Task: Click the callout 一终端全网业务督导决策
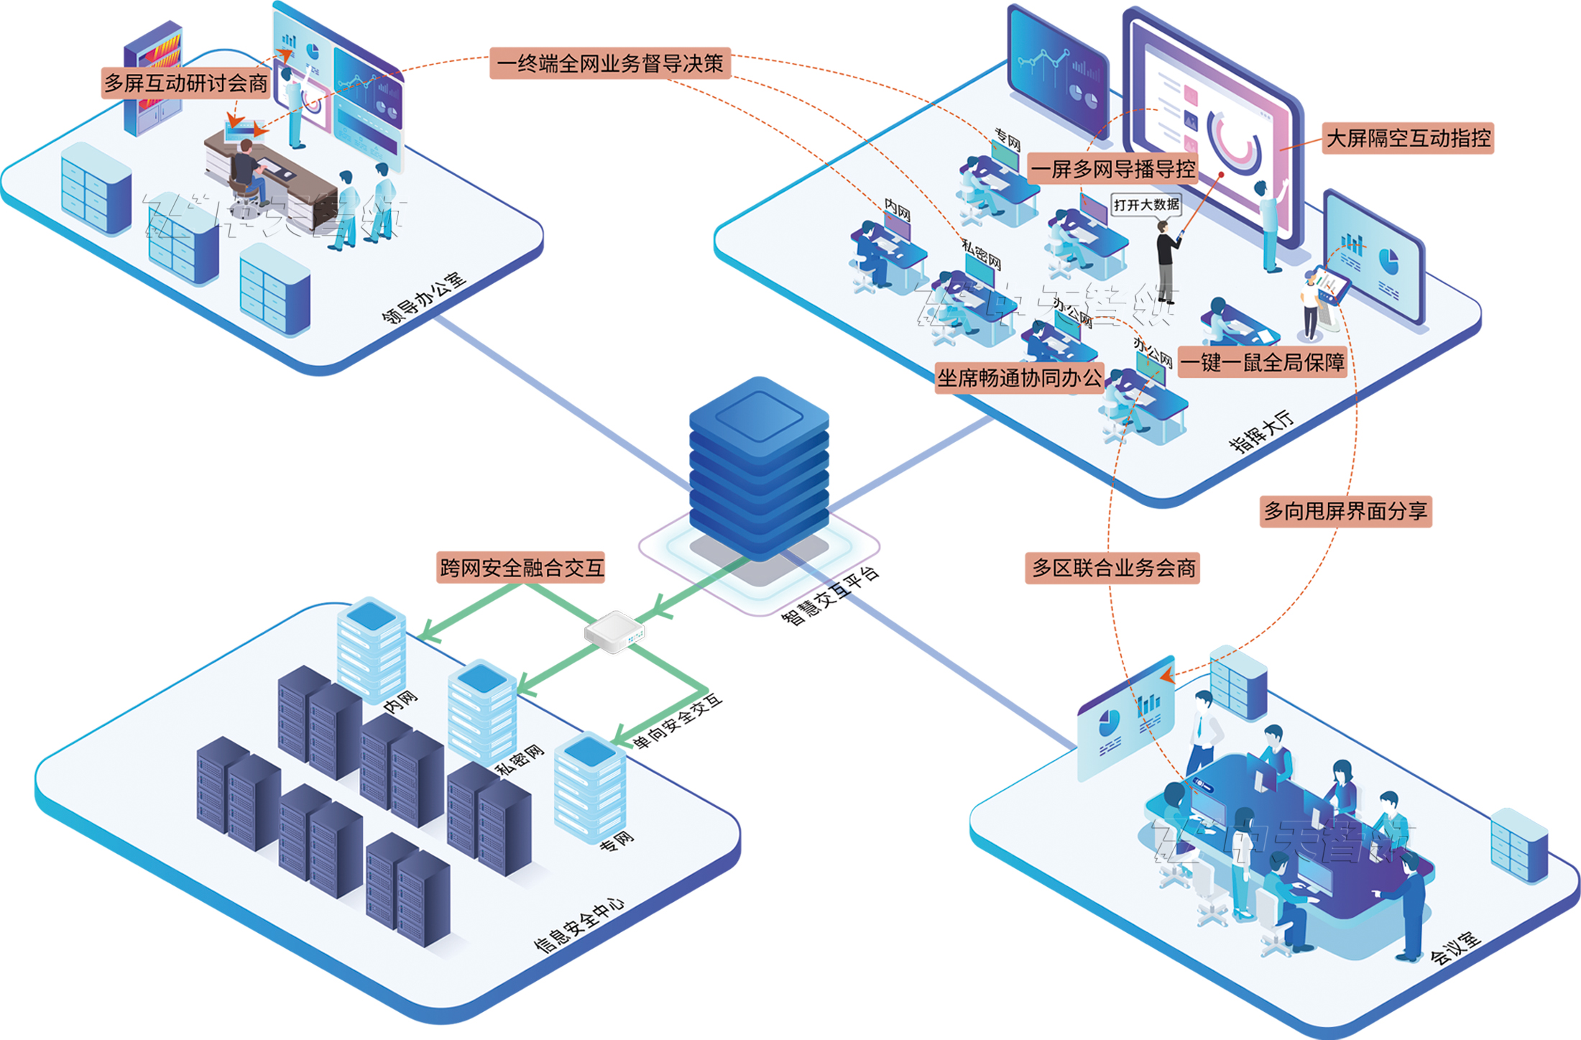pos(610,63)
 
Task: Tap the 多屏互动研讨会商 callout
pos(185,83)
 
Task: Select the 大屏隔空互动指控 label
pos(1408,138)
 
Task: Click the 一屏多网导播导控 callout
pos(1112,170)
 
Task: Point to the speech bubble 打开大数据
pos(1146,205)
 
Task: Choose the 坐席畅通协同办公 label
pos(1019,378)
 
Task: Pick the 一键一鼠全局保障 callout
pos(1262,362)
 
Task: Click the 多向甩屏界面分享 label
pos(1345,511)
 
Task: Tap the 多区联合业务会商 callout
pos(1112,568)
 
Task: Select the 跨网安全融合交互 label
pos(521,568)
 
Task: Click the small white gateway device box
pos(614,632)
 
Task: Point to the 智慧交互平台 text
pos(830,596)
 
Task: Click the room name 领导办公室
pos(423,298)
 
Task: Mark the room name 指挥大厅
pos(1261,431)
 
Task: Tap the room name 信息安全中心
pos(579,924)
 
